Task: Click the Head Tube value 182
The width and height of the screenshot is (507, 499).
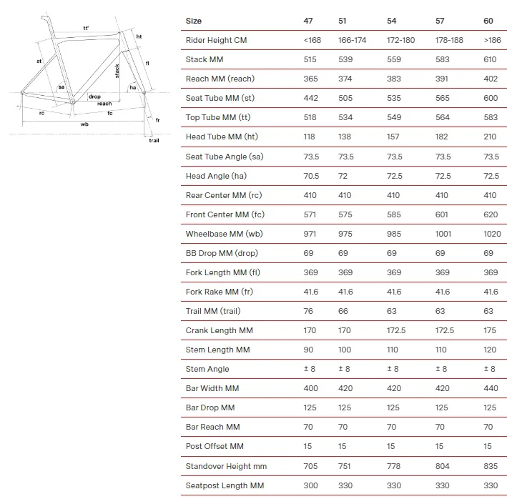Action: (x=442, y=137)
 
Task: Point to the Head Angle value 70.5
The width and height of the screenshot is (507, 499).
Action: (x=311, y=176)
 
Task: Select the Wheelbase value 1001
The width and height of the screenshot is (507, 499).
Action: (x=446, y=234)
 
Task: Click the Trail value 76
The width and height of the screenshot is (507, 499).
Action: (x=308, y=311)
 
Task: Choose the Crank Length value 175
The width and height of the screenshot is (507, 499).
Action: (x=490, y=330)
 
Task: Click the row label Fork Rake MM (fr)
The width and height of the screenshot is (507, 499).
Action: (x=219, y=292)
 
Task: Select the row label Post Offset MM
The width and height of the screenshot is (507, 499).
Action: (x=215, y=446)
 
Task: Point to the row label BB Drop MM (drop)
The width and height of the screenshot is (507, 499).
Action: (x=224, y=253)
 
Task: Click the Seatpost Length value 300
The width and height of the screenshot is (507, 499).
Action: (x=310, y=485)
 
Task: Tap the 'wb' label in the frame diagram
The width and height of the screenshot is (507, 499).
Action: (x=84, y=124)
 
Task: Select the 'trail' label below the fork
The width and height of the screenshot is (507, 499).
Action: (x=154, y=140)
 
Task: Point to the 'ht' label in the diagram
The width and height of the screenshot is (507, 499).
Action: (x=139, y=36)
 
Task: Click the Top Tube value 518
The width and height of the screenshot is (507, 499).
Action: (x=308, y=117)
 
